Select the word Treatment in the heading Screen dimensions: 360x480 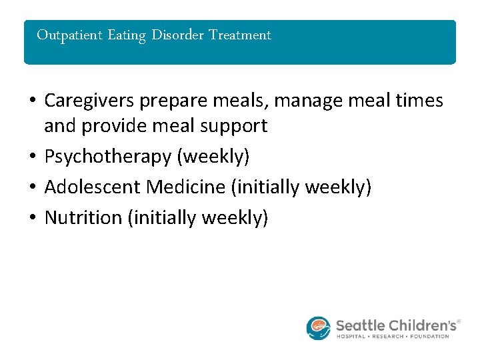[x=240, y=35]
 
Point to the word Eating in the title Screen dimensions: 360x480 [x=127, y=35]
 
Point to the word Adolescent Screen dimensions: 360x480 [x=92, y=187]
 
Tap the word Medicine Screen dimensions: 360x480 [x=186, y=187]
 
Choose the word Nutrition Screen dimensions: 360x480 [x=83, y=217]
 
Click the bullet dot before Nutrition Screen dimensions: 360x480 [x=33, y=218]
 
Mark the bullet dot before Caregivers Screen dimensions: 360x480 [x=33, y=101]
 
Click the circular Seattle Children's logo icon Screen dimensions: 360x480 [x=319, y=328]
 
